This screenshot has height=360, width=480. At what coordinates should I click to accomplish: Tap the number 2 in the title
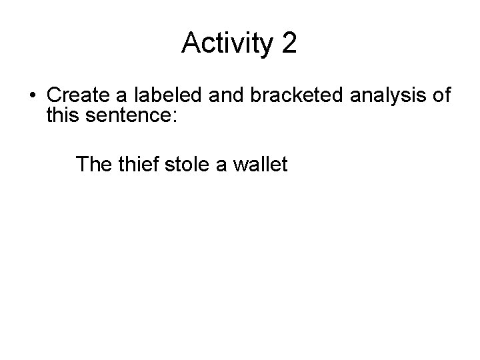pyautogui.click(x=289, y=44)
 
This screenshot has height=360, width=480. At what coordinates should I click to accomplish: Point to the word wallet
pyautogui.click(x=261, y=163)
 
